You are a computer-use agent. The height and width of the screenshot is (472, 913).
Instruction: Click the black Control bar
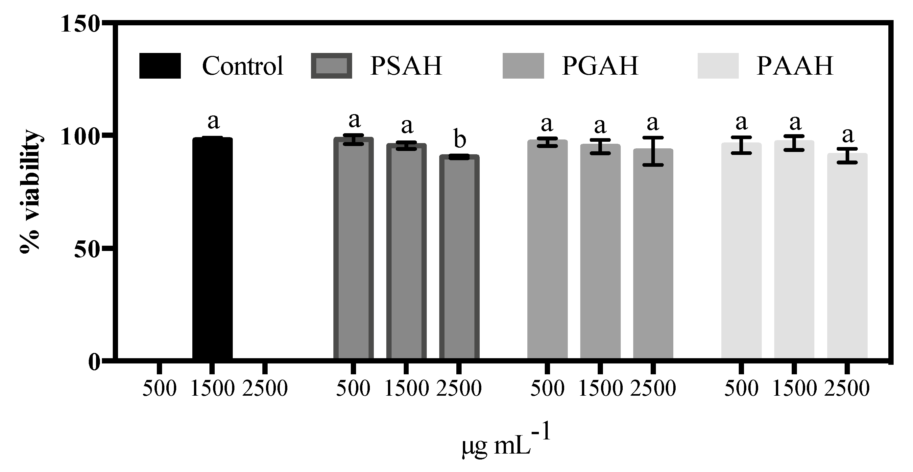pyautogui.click(x=212, y=248)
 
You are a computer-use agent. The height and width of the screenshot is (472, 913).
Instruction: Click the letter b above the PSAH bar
pyautogui.click(x=460, y=140)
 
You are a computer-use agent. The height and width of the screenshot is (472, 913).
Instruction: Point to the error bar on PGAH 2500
pyautogui.click(x=653, y=151)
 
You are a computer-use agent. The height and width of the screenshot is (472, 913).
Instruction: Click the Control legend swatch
pyautogui.click(x=160, y=65)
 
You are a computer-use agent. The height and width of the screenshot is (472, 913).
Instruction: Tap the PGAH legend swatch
pyautogui.click(x=523, y=65)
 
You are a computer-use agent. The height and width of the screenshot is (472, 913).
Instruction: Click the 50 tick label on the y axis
pyautogui.click(x=86, y=250)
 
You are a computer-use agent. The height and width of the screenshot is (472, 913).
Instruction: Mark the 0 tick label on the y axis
pyautogui.click(x=94, y=362)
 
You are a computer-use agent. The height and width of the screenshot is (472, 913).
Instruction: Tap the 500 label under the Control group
pyautogui.click(x=159, y=389)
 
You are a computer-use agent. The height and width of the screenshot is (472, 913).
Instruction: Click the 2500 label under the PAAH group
pyautogui.click(x=847, y=389)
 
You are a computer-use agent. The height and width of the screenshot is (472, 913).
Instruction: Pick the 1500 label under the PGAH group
pyautogui.click(x=600, y=389)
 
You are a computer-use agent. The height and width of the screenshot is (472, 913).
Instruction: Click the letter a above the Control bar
pyautogui.click(x=213, y=122)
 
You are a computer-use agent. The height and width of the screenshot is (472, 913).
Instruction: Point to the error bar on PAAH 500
pyautogui.click(x=741, y=145)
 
